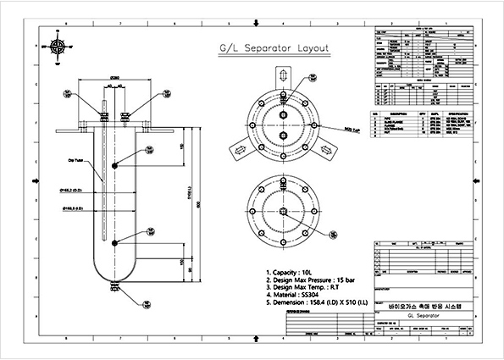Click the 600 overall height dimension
click(x=197, y=203)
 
